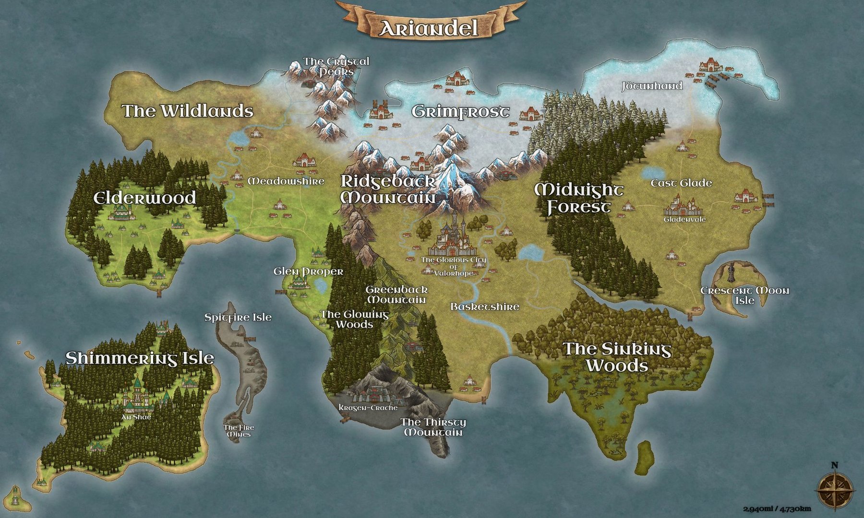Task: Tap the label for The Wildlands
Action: [188, 111]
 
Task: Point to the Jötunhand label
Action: [652, 86]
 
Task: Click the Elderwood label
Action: [144, 197]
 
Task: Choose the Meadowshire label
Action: [286, 181]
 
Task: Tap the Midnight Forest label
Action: [579, 198]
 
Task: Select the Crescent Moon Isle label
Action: [744, 295]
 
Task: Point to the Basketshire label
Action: [485, 306]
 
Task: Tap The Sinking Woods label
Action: [617, 357]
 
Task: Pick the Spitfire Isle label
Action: [238, 317]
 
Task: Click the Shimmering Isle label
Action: [140, 358]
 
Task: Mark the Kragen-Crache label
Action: [368, 408]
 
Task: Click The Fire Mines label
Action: [239, 431]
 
